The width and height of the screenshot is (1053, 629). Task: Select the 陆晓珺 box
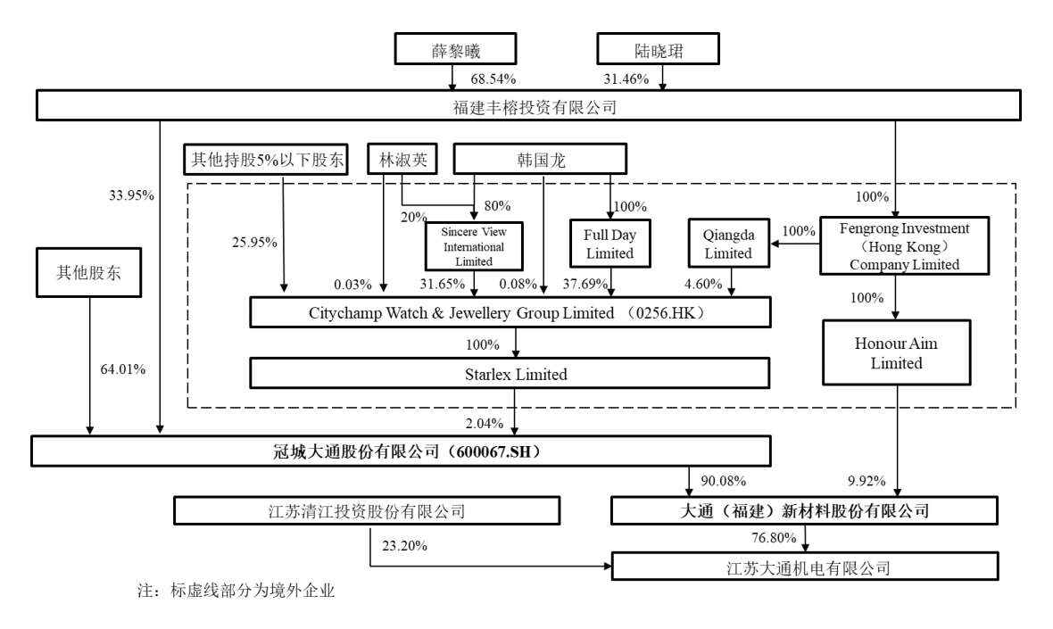point(658,50)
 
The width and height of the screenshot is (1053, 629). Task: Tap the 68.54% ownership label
point(490,80)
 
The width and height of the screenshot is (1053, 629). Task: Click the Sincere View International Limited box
point(473,246)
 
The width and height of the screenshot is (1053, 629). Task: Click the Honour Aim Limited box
point(898,354)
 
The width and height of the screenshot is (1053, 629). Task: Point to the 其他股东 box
point(89,271)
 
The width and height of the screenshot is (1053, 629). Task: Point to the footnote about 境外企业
point(236,592)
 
